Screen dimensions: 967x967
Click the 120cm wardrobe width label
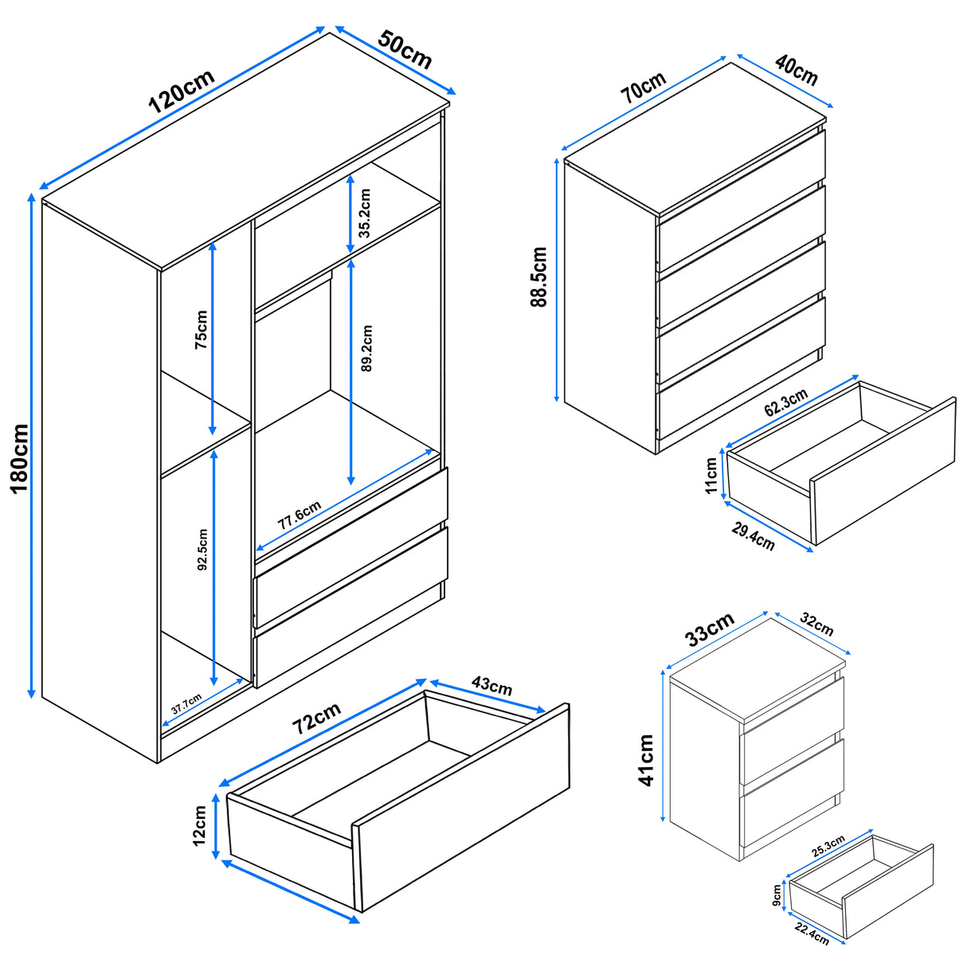(x=182, y=91)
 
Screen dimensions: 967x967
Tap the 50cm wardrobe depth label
(x=405, y=49)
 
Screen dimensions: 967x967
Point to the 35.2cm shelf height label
(x=365, y=213)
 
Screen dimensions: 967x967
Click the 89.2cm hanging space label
(x=366, y=348)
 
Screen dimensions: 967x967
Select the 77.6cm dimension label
(x=299, y=516)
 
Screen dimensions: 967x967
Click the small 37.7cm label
(x=186, y=705)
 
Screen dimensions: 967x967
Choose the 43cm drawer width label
(x=491, y=684)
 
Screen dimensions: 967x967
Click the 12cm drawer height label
(x=199, y=824)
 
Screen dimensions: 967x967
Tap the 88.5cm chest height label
(x=539, y=276)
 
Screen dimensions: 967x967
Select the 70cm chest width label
(x=644, y=88)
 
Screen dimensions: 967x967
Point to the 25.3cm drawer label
(x=828, y=846)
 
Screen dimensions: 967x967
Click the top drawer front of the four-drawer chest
(x=741, y=199)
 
